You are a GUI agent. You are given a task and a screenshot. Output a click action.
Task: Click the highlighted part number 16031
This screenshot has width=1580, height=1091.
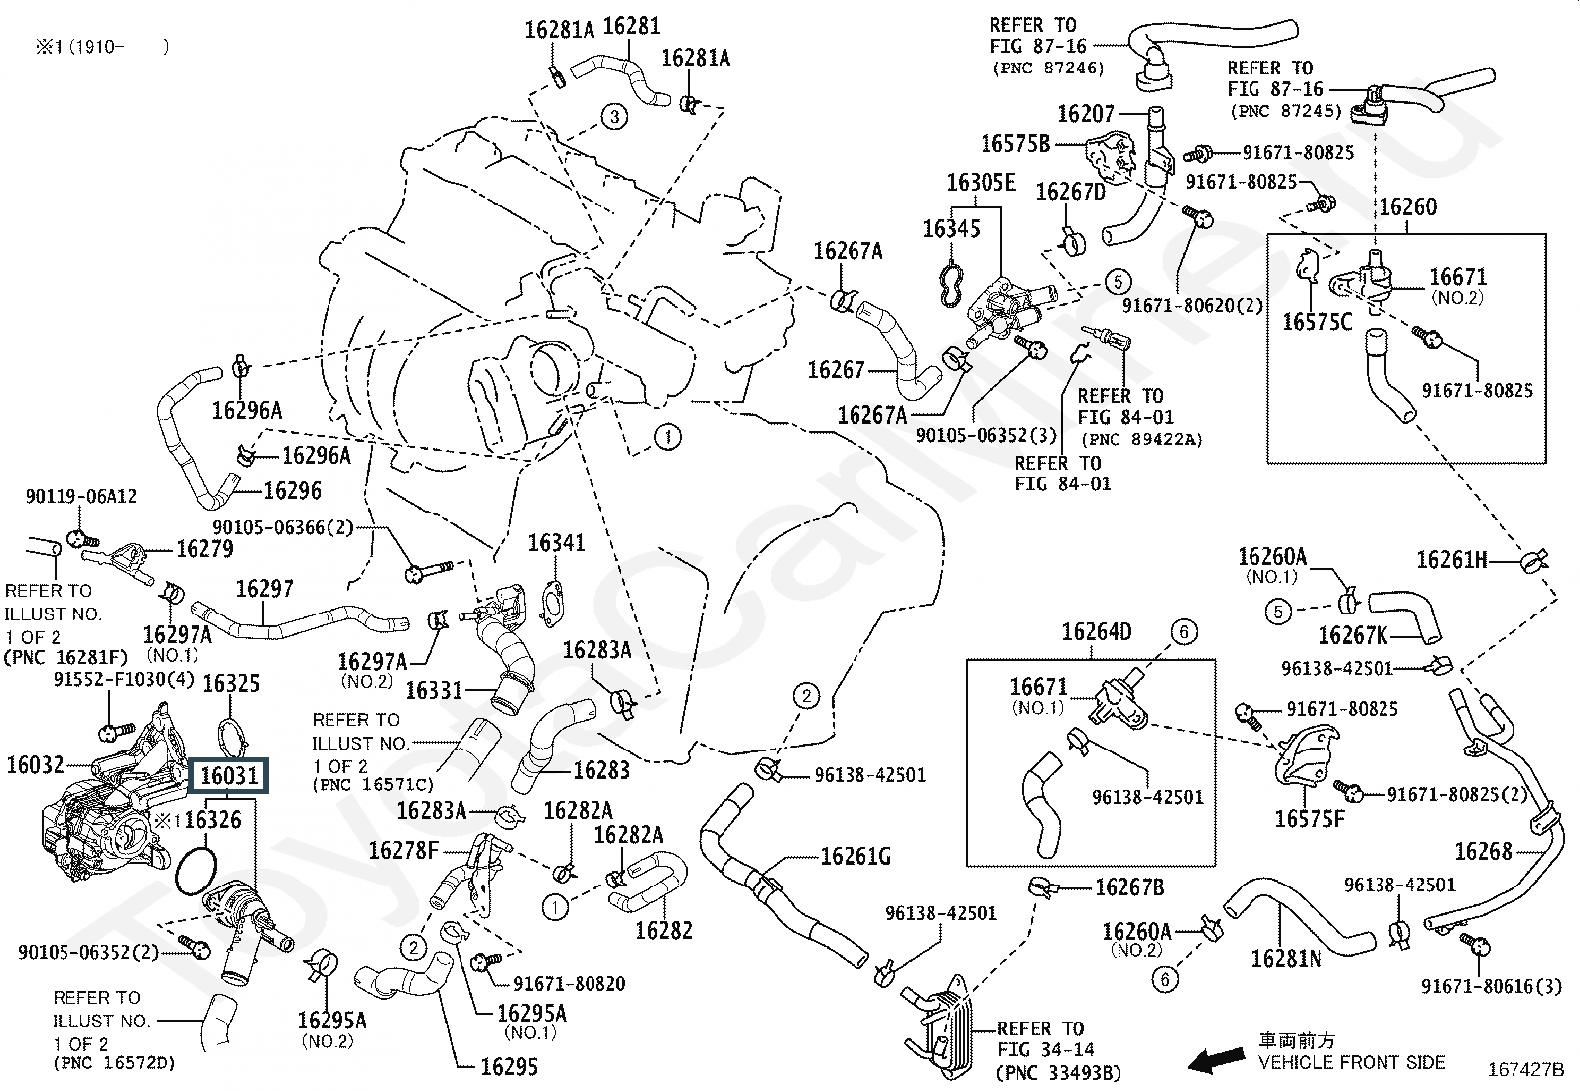(229, 775)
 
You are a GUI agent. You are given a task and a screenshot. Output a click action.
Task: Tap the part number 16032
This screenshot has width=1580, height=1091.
(35, 765)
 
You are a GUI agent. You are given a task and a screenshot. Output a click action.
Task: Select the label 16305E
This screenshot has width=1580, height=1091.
(981, 183)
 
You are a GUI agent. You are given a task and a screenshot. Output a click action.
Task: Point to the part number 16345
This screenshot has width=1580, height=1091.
(951, 229)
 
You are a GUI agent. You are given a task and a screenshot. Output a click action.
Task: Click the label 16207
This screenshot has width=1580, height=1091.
(1086, 114)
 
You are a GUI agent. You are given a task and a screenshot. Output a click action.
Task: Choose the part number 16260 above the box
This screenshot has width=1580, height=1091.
(1407, 207)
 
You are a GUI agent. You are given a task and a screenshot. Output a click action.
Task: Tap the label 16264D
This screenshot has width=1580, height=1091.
(1096, 632)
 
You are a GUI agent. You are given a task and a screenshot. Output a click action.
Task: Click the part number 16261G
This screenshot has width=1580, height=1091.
(856, 857)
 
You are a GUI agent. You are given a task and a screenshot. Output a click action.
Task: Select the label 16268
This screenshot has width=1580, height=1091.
(1483, 851)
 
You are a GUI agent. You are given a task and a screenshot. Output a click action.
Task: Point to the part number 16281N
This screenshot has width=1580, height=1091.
(1286, 958)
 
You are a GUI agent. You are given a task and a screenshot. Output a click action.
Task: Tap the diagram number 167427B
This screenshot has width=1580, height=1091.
(1524, 1070)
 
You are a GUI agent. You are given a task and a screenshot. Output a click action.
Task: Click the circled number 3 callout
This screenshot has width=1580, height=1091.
(614, 117)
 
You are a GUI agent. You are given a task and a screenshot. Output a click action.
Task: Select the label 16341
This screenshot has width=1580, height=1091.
(556, 543)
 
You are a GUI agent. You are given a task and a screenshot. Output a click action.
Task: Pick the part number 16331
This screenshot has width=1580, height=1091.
(434, 689)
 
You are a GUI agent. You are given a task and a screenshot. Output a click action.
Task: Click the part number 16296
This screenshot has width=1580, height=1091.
(293, 491)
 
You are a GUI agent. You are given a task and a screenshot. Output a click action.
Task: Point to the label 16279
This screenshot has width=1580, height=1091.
(204, 548)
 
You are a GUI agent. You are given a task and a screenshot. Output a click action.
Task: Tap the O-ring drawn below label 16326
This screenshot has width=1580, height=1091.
(196, 867)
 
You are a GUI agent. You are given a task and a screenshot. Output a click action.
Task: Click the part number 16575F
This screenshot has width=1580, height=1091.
(1309, 819)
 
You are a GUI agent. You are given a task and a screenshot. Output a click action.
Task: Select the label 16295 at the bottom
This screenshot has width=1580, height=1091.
(509, 1067)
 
